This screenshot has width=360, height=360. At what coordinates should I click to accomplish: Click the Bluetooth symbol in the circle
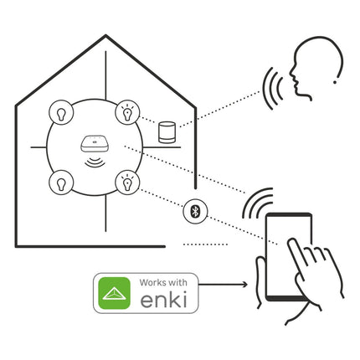tap(195, 211)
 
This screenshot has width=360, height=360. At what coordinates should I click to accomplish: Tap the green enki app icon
tap(115, 293)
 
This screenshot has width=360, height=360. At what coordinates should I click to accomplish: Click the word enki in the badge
tap(163, 300)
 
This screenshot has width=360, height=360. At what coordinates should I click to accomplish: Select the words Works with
tap(163, 282)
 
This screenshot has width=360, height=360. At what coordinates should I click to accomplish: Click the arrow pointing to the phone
tap(223, 285)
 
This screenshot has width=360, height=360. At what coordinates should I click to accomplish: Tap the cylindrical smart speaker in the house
tap(167, 132)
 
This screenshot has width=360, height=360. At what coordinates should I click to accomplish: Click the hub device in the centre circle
tap(95, 144)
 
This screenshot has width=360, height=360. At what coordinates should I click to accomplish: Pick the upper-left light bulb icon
tap(61, 113)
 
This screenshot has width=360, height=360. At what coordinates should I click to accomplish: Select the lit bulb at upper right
tap(127, 112)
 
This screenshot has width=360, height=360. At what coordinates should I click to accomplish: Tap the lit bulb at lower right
tap(127, 183)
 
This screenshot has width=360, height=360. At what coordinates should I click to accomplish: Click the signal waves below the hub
tap(95, 162)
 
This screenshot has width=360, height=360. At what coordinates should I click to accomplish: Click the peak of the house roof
tap(105, 35)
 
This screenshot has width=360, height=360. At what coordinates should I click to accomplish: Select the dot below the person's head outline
tap(335, 82)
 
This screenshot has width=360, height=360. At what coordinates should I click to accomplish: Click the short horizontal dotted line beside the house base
tap(205, 244)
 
